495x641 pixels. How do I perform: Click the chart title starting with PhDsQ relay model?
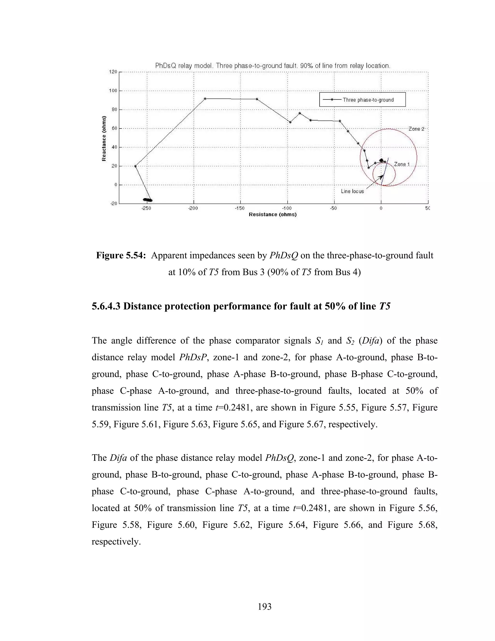272,66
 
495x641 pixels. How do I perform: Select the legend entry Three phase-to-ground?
368,100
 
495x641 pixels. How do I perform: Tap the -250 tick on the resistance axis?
146,208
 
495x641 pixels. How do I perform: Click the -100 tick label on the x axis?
287,208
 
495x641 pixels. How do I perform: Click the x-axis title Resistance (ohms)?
272,215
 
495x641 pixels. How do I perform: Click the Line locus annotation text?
352,191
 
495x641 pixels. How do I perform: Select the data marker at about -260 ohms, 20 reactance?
136,166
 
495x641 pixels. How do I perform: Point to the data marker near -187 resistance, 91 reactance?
205,99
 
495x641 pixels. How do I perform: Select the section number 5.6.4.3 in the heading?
106,306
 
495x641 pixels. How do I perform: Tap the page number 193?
264,607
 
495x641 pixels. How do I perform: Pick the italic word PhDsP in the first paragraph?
193,358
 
